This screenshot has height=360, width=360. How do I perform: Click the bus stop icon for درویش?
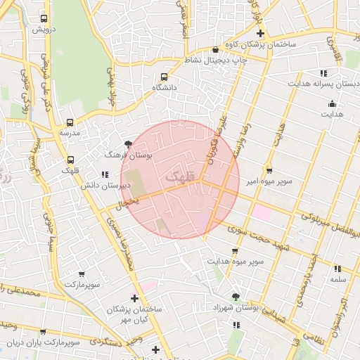click(x=44, y=19)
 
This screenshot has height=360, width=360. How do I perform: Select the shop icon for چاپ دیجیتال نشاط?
click(x=215, y=50)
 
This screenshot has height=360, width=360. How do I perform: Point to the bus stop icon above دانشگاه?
click(x=165, y=77)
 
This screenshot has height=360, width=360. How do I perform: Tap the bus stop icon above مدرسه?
click(x=70, y=122)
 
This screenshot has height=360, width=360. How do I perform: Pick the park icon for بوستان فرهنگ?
click(x=127, y=143)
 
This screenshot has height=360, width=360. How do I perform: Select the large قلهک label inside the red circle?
click(x=180, y=178)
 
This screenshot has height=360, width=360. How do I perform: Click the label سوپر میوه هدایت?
click(x=235, y=261)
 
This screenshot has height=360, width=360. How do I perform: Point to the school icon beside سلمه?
click(x=337, y=268)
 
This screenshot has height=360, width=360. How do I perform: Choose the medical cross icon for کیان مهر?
click(x=134, y=299)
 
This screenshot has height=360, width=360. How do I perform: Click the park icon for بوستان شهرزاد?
click(x=235, y=297)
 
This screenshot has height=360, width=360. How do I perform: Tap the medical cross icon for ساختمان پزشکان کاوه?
click(x=260, y=33)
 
